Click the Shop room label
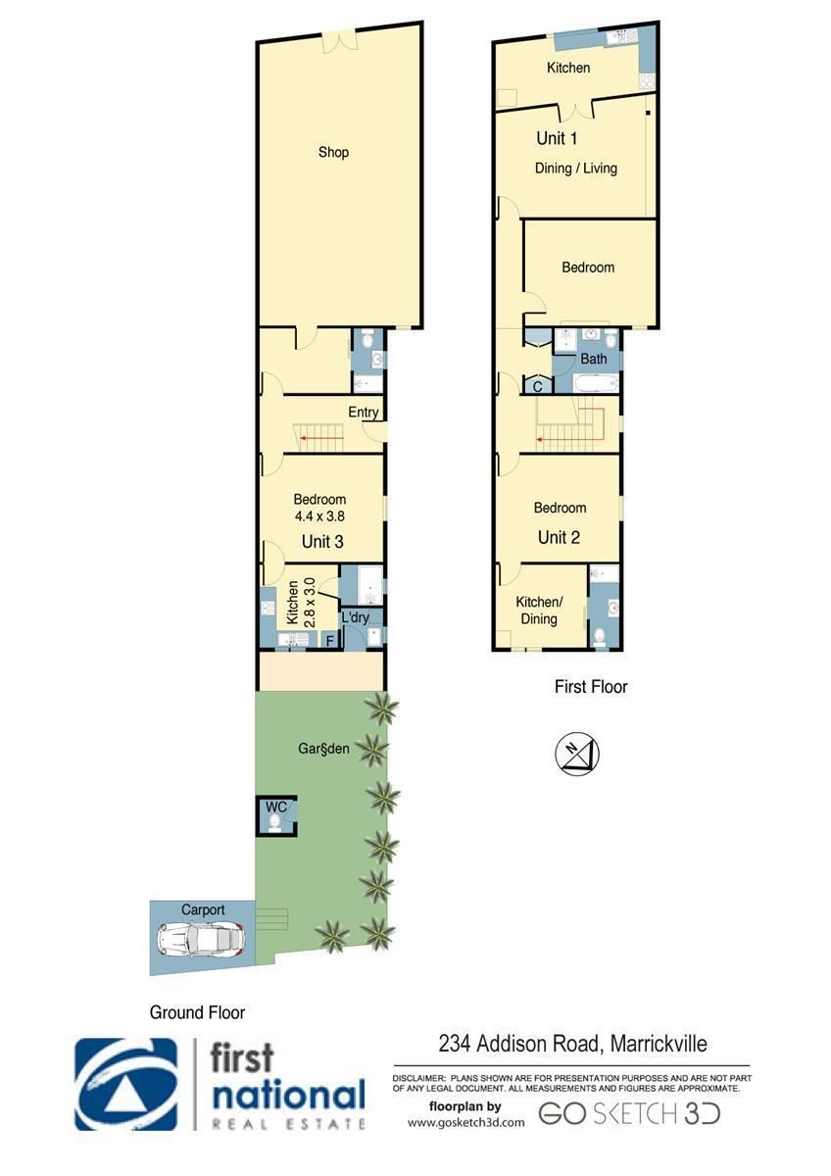point(333,152)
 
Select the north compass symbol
point(577,754)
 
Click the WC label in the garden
point(276,807)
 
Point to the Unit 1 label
point(557,138)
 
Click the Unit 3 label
point(322,541)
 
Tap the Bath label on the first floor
point(593,359)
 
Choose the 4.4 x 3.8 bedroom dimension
point(319,516)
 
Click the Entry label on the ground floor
point(364,413)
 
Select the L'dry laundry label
point(355,616)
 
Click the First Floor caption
point(591,687)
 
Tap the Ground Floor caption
point(197,1012)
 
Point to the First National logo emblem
point(126,1084)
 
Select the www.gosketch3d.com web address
point(466,1122)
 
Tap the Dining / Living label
point(576,168)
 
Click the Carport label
point(203,909)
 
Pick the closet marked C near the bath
point(538,387)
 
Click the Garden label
point(323,748)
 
